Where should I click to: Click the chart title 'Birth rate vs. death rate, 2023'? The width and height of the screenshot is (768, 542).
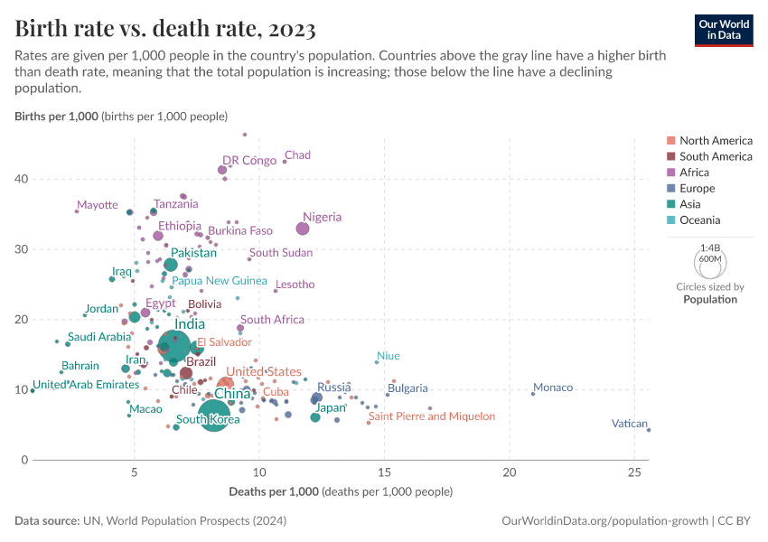pyautogui.click(x=165, y=29)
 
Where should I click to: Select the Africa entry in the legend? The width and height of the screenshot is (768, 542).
pyautogui.click(x=694, y=173)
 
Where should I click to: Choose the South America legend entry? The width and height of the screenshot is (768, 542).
pyautogui.click(x=716, y=156)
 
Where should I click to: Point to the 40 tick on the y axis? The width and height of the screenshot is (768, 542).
pyautogui.click(x=21, y=179)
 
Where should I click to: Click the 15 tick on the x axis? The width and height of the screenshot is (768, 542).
pyautogui.click(x=385, y=472)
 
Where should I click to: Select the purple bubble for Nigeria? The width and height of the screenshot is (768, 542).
pyautogui.click(x=303, y=229)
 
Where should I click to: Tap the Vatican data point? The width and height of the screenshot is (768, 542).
pyautogui.click(x=649, y=430)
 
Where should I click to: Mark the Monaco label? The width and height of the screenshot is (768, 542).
pyautogui.click(x=552, y=388)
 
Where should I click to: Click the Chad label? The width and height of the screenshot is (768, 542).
pyautogui.click(x=297, y=155)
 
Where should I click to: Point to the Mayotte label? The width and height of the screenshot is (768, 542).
pyautogui.click(x=98, y=205)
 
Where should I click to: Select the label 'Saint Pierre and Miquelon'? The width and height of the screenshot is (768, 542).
pyautogui.click(x=432, y=416)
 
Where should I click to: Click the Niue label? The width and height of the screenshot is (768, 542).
pyautogui.click(x=388, y=356)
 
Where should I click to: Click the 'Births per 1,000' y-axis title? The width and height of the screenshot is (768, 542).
pyautogui.click(x=56, y=117)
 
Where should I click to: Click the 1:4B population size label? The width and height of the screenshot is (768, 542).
pyautogui.click(x=710, y=247)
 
